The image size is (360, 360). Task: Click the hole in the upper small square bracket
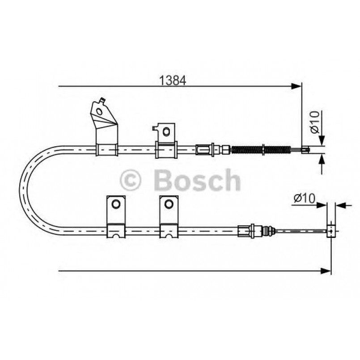point(166,131)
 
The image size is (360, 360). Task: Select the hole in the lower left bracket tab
point(115,204)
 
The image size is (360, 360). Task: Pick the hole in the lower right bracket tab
point(169,204)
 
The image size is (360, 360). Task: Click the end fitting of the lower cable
point(331,230)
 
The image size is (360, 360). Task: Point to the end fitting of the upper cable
point(306,149)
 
